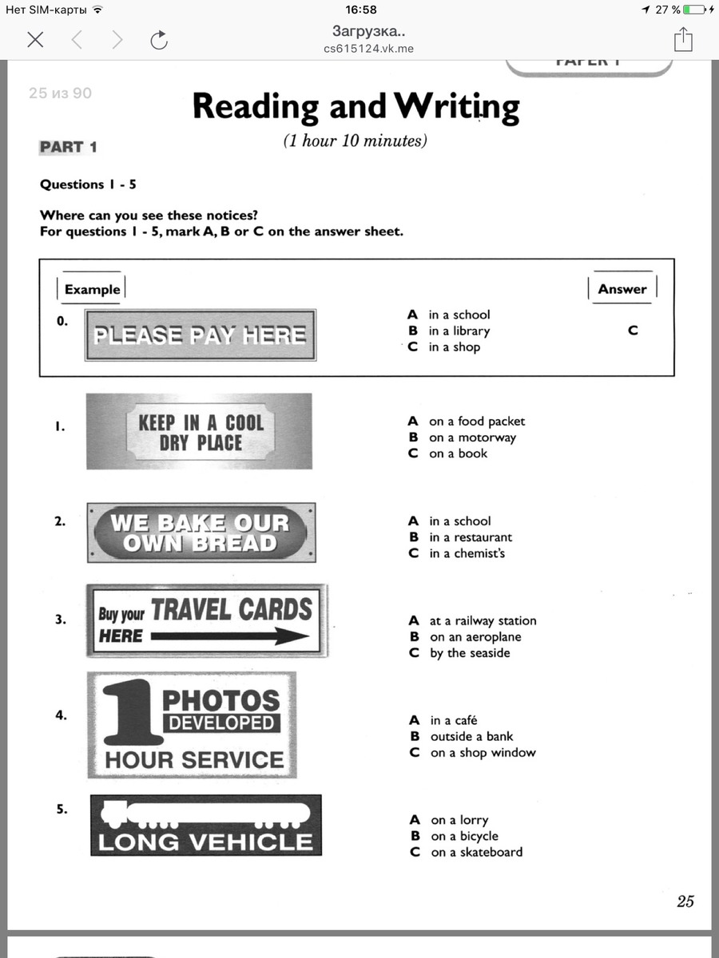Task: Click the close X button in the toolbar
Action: (x=35, y=40)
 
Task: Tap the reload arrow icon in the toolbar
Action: (x=159, y=40)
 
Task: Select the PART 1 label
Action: (x=69, y=147)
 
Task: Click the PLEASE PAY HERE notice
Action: (x=200, y=335)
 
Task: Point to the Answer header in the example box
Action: (x=622, y=290)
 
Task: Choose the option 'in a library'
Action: (x=459, y=331)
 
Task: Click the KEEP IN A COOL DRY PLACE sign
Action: (x=200, y=432)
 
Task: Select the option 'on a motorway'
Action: (x=472, y=437)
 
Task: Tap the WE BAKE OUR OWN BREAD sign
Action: (x=200, y=533)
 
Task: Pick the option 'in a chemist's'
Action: (x=467, y=553)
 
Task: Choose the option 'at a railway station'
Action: (x=483, y=621)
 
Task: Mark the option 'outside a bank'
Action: (x=471, y=737)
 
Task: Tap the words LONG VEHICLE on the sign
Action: (x=205, y=842)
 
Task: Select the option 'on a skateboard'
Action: (x=476, y=853)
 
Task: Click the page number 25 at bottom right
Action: (x=685, y=901)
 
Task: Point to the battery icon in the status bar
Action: (x=695, y=10)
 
